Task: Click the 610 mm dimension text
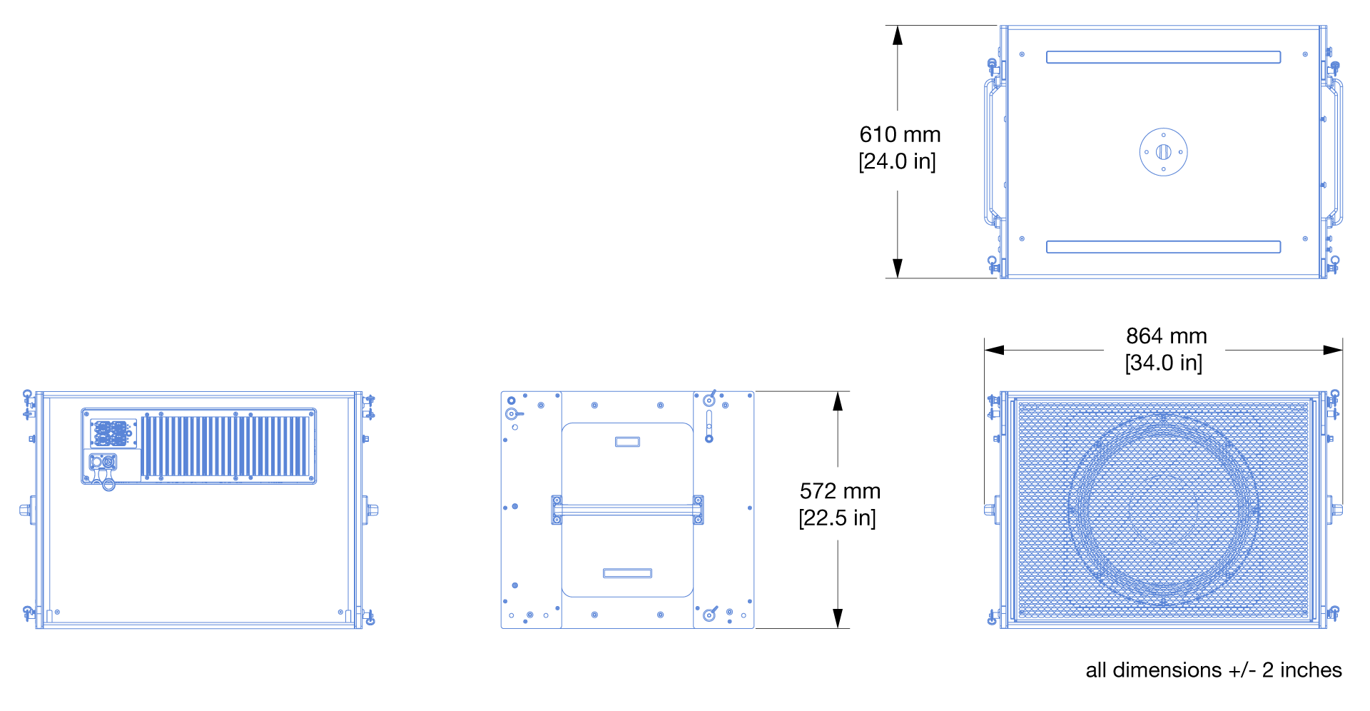pos(900,134)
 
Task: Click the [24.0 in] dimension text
pos(897,161)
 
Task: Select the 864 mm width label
pos(1166,336)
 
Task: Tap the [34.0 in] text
pos(1163,363)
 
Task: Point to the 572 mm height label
pos(840,491)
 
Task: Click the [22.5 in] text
pos(837,518)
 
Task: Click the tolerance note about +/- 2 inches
pos(1213,670)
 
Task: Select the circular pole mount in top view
pos(1163,151)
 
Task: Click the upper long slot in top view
pos(1163,57)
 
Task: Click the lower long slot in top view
pos(1163,247)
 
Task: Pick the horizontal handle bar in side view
pos(627,510)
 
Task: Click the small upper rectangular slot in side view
pos(627,442)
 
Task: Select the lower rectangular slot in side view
pos(627,573)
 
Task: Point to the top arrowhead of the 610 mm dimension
pos(898,35)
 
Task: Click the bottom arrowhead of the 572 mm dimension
pos(838,618)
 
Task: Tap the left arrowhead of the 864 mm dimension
pos(994,350)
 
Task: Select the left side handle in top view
pos(990,151)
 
